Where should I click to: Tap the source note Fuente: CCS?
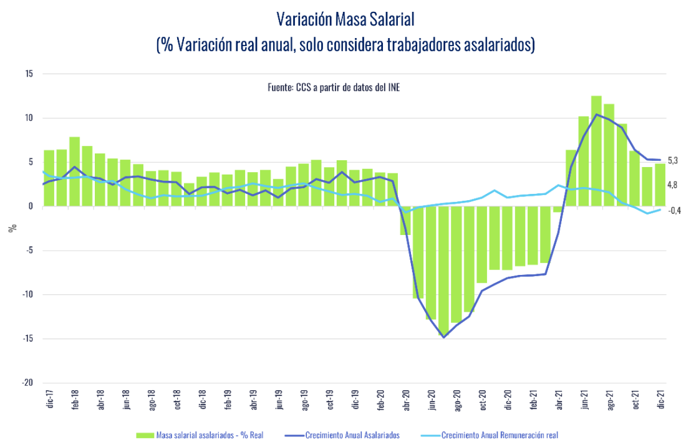pyautogui.click(x=334, y=88)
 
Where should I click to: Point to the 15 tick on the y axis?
pyautogui.click(x=29, y=74)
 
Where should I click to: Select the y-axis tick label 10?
pyautogui.click(x=29, y=118)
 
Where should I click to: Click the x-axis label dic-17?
pyautogui.click(x=49, y=400)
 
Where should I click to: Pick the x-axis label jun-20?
pyautogui.click(x=432, y=400)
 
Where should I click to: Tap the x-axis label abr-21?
pyautogui.click(x=559, y=400)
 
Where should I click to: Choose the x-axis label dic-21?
pyautogui.click(x=660, y=400)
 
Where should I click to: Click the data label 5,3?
pyautogui.click(x=673, y=161)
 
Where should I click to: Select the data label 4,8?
pyautogui.click(x=673, y=185)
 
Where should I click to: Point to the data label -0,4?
pyautogui.click(x=674, y=211)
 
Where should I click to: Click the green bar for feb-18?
pyautogui.click(x=74, y=171)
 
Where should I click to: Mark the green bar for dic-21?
pyautogui.click(x=660, y=185)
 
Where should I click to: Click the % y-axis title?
pyautogui.click(x=12, y=228)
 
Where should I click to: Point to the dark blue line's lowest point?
pyautogui.click(x=443, y=337)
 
